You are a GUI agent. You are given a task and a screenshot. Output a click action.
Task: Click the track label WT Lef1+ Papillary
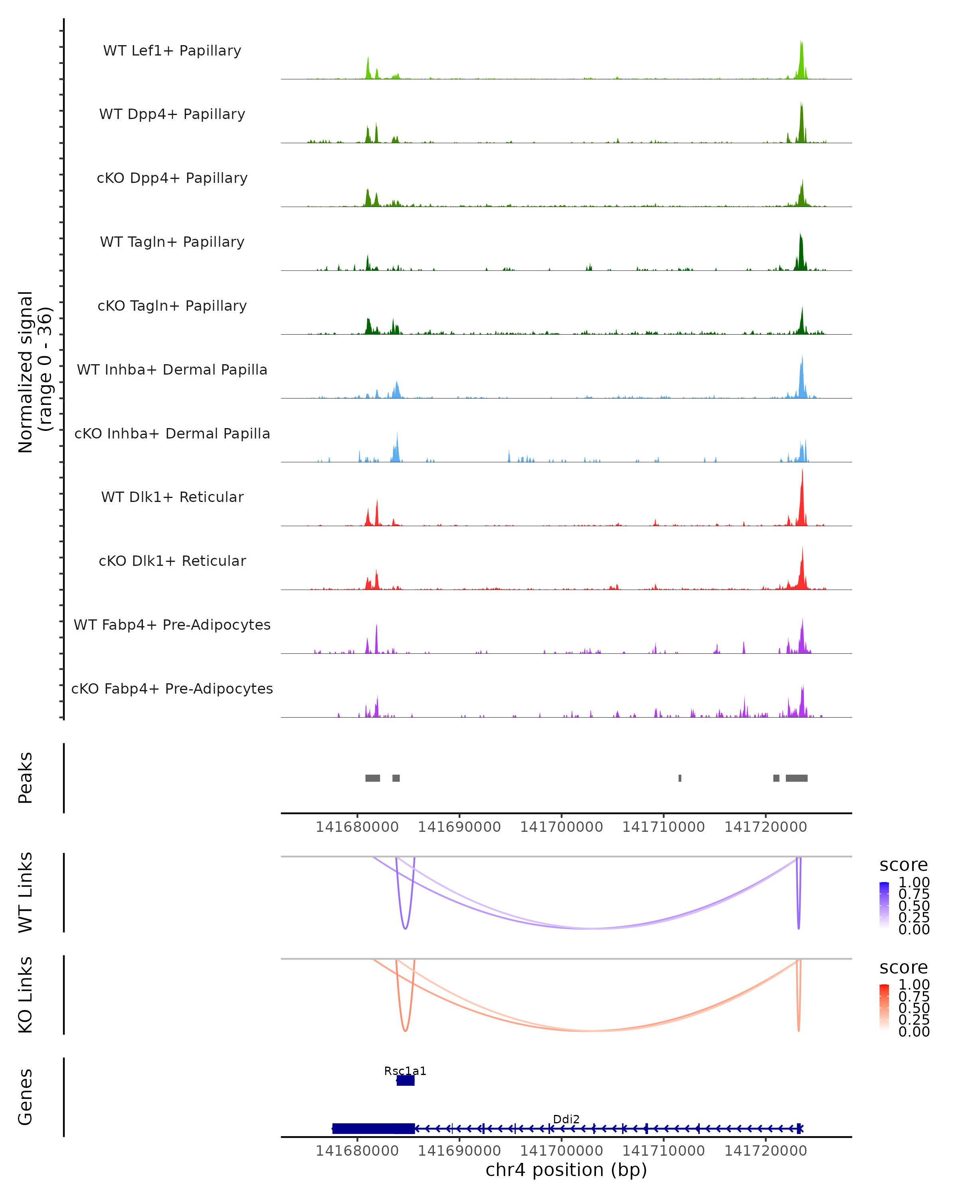pos(172,51)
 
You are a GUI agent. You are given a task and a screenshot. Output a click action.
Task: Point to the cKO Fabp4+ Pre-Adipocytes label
pos(172,688)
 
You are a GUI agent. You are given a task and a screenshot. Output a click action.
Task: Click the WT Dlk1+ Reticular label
pos(172,497)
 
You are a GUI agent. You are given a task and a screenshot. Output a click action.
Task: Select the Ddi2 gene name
pos(566,1119)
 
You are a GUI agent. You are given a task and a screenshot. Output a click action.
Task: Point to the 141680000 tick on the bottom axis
pos(357,1151)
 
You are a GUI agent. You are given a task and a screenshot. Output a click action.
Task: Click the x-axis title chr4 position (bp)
pos(566,1170)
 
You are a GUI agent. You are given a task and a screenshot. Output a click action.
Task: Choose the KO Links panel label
pos(26,995)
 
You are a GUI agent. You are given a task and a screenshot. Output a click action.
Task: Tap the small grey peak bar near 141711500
pos(680,778)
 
